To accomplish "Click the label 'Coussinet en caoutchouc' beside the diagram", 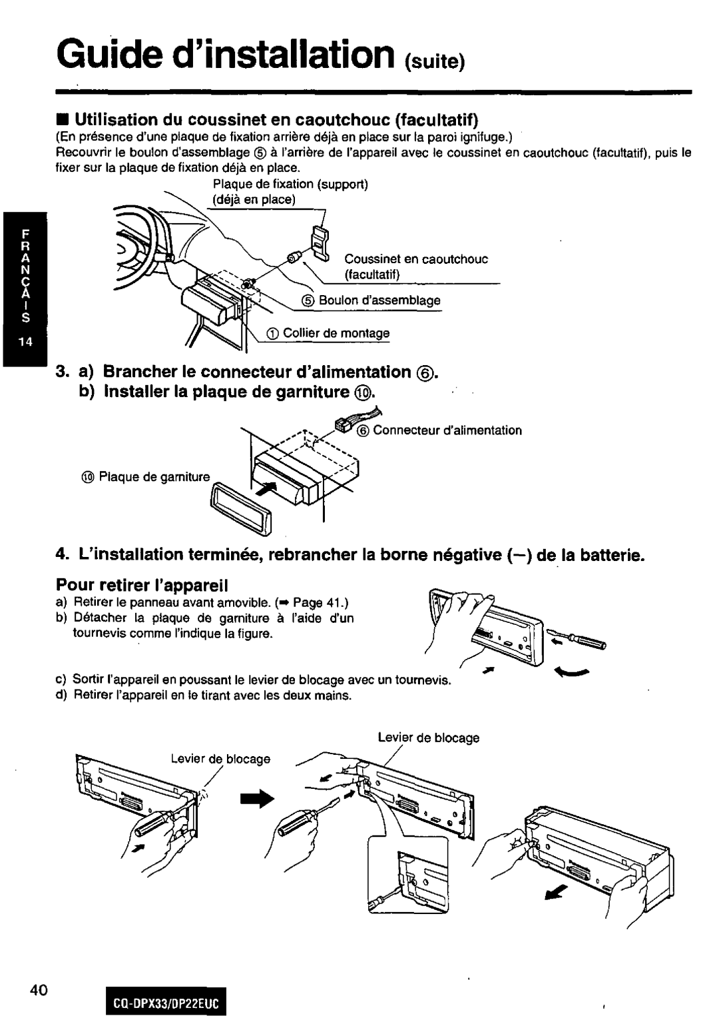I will tap(416, 259).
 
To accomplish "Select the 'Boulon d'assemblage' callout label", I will tap(379, 300).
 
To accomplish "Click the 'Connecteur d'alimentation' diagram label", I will tap(447, 430).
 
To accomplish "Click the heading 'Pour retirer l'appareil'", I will tap(142, 586).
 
